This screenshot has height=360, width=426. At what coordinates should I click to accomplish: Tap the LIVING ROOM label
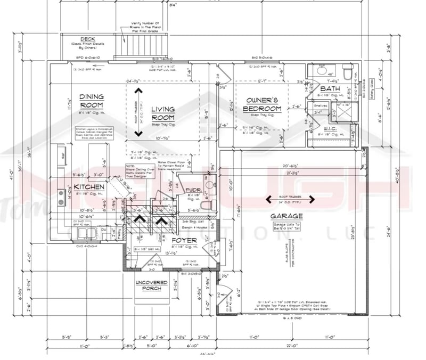pyautogui.click(x=163, y=113)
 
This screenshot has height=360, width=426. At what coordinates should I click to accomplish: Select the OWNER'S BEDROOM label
pyautogui.click(x=258, y=104)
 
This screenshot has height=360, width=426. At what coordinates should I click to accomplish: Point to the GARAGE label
pyautogui.click(x=286, y=216)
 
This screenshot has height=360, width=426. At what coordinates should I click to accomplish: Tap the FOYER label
pyautogui.click(x=184, y=241)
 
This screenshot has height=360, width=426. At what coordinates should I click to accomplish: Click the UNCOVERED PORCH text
pyautogui.click(x=151, y=285)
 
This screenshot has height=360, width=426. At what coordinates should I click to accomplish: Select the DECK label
pyautogui.click(x=88, y=39)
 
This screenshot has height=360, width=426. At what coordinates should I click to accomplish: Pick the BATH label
pyautogui.click(x=330, y=88)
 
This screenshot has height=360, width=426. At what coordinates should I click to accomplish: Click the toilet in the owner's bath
pyautogui.click(x=346, y=70)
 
